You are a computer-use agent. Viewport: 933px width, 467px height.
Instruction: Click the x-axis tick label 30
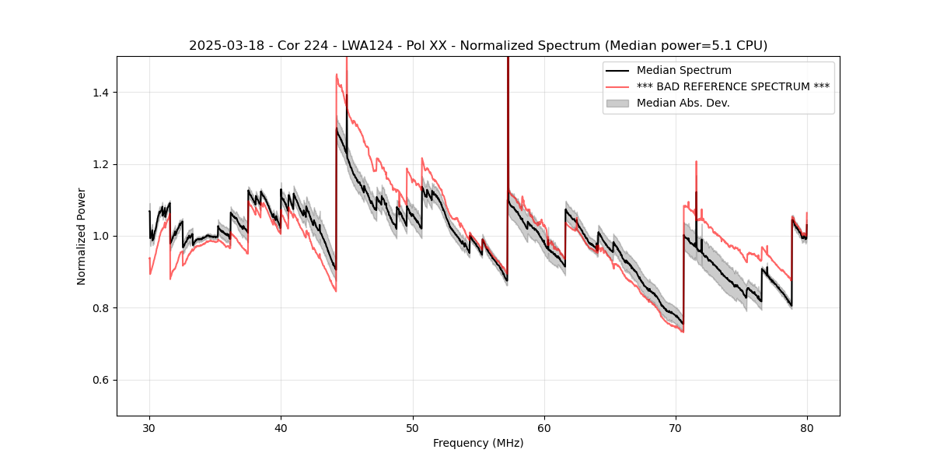tap(149, 427)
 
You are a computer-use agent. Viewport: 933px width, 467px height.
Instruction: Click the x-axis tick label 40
tap(281, 427)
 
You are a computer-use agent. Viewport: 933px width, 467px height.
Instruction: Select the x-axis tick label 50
tap(413, 427)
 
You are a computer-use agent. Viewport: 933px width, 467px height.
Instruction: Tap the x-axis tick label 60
tap(544, 427)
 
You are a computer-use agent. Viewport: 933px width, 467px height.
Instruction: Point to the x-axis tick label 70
tap(676, 427)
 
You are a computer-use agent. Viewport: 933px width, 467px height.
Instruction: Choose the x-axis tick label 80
tap(807, 427)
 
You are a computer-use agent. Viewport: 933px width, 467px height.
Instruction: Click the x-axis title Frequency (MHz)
tap(478, 443)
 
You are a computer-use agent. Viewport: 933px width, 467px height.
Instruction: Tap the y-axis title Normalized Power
tap(82, 236)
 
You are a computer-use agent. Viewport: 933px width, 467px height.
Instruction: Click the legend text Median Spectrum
tap(683, 71)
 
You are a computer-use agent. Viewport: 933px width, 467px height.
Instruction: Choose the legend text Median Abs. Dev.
tap(683, 103)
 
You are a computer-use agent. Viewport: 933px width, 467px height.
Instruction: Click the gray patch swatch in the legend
tap(618, 103)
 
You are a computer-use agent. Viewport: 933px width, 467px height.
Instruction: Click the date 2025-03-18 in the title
tap(223, 46)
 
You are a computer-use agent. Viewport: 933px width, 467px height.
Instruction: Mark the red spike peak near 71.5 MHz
tap(696, 162)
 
